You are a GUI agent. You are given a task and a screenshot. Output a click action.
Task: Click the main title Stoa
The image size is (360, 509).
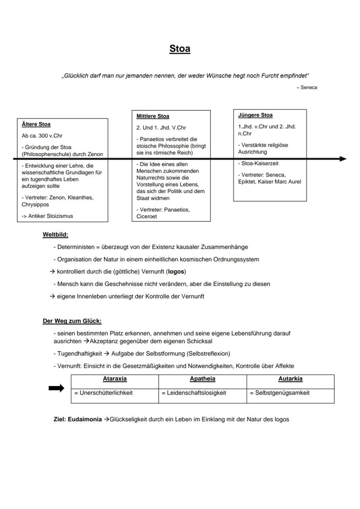[x=180, y=49]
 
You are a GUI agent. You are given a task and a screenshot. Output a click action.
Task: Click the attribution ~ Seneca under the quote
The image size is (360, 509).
[x=307, y=87]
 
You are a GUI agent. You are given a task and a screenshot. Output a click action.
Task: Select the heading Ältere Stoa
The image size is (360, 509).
[x=36, y=124]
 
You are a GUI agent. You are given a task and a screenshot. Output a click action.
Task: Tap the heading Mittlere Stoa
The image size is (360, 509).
[x=153, y=116]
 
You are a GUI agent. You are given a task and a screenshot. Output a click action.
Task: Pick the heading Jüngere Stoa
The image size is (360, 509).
[x=255, y=115]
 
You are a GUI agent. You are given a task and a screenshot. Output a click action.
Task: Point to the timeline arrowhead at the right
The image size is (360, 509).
[x=343, y=159]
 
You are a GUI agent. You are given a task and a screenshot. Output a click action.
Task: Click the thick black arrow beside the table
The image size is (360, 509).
[x=56, y=388]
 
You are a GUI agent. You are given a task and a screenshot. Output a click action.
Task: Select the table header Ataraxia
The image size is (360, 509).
[x=115, y=379]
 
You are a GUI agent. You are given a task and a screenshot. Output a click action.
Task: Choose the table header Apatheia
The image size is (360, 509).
[x=202, y=379]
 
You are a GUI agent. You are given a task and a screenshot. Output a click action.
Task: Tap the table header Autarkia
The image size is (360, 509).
[x=290, y=379]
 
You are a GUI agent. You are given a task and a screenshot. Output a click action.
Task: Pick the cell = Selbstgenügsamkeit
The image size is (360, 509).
[x=280, y=393]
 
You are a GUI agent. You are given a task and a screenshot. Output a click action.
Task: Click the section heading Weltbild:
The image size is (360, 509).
[x=55, y=235]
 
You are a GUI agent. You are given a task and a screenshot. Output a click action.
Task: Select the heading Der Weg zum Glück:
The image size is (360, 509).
[x=72, y=321]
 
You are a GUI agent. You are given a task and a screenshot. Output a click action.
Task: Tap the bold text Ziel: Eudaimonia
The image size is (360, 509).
[x=78, y=419]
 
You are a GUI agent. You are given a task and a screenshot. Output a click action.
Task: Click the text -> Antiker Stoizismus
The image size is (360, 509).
[x=47, y=216]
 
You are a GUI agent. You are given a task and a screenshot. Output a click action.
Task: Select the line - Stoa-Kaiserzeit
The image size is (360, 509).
[x=258, y=163]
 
